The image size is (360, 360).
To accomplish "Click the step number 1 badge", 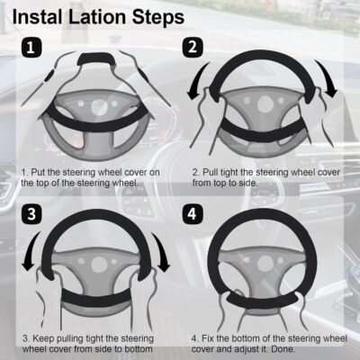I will (x=30, y=47).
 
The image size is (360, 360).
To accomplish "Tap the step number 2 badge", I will (x=191, y=47).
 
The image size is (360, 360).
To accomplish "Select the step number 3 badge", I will (x=30, y=215).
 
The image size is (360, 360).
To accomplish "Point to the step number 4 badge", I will (x=191, y=215).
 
